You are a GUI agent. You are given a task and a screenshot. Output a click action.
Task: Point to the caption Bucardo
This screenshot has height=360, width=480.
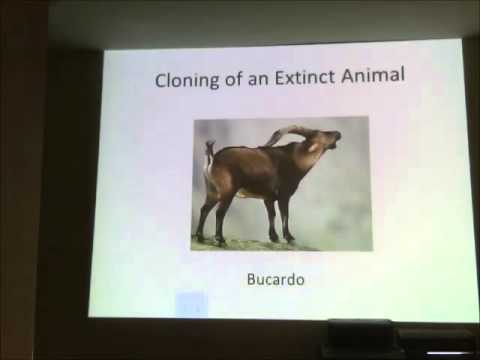(x=274, y=280)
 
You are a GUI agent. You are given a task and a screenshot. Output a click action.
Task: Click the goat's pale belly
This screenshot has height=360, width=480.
(x=245, y=192)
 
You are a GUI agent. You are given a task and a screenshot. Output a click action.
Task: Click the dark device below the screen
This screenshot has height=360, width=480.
(x=360, y=337)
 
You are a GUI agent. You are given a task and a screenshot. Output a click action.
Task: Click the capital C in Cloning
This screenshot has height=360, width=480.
(x=161, y=82)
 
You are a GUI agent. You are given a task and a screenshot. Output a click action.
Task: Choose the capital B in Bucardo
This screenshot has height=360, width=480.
(x=251, y=280)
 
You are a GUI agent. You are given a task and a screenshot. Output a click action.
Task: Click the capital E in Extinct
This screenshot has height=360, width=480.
(x=277, y=82)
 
